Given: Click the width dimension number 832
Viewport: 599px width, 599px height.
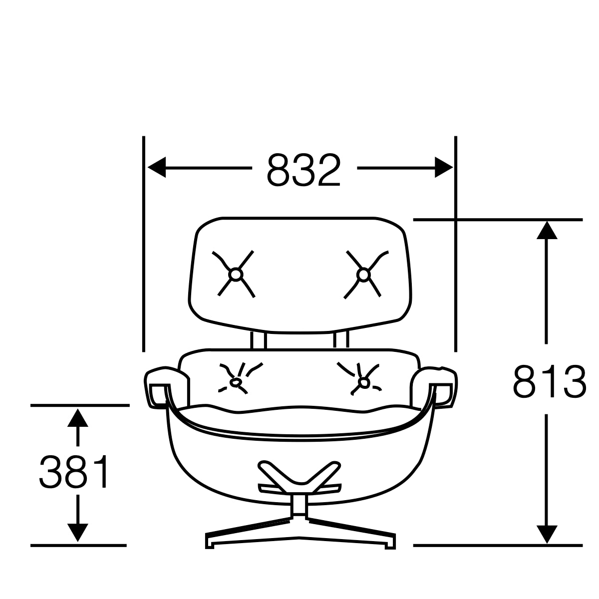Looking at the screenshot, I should (303, 170).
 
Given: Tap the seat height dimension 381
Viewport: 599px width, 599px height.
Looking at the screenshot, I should (75, 472).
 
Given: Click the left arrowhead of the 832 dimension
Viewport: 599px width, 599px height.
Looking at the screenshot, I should (156, 167).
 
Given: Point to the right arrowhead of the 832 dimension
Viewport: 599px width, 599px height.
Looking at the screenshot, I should (443, 167).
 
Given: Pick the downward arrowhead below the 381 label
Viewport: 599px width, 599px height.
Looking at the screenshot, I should (77, 532).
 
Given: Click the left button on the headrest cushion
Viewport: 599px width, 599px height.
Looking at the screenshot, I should (235, 274).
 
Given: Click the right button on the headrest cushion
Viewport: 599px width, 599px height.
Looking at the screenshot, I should (364, 274).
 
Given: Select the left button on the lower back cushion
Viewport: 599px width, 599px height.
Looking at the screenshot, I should (235, 382).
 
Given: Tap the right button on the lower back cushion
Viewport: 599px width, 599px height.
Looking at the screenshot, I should (364, 383).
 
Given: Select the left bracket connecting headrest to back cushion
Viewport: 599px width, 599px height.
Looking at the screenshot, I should (259, 340).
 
